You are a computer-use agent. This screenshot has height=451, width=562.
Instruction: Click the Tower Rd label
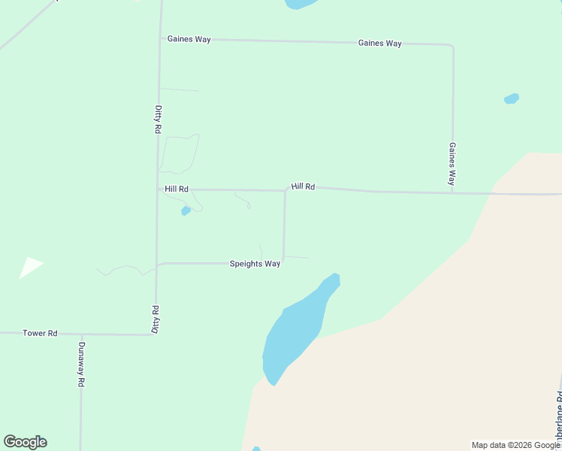(40, 333)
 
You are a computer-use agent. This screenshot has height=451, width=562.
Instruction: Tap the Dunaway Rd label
(81, 365)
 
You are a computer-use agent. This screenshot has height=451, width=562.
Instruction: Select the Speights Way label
(255, 264)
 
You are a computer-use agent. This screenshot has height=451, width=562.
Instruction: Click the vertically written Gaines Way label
(452, 164)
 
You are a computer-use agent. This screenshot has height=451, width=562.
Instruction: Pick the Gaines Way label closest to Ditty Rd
(189, 39)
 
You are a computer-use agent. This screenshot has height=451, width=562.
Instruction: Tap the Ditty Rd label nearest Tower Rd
(156, 319)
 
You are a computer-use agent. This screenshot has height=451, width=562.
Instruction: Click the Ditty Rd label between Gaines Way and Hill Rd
(158, 120)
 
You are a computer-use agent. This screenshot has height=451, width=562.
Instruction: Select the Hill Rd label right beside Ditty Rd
(177, 189)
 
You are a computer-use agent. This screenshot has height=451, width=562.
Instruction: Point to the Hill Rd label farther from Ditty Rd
(303, 186)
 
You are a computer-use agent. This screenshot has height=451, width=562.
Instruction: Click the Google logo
(25, 442)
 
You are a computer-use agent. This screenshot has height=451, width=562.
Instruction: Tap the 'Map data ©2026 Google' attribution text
(516, 445)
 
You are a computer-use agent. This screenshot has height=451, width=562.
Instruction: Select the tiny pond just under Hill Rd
(186, 211)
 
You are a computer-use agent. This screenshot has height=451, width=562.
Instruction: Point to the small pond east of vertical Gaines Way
(512, 98)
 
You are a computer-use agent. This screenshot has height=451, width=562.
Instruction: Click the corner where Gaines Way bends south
(452, 45)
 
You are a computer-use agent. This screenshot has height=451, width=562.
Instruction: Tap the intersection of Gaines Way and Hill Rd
(452, 193)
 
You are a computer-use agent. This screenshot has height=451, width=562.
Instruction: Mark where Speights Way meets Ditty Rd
(157, 265)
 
